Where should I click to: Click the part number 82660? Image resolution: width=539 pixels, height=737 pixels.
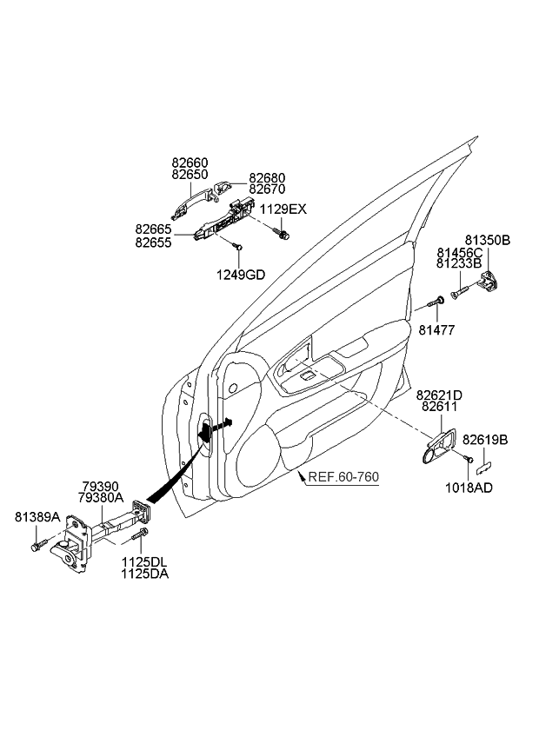coord(190,163)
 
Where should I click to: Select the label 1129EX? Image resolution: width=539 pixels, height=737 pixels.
coord(283,209)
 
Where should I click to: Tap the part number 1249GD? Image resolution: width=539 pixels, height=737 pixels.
coord(241,275)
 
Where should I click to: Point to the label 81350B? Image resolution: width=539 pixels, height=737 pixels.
coord(488,240)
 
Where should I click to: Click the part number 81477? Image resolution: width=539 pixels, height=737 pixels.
coord(437,330)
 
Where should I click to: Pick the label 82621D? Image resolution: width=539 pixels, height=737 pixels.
coord(439,395)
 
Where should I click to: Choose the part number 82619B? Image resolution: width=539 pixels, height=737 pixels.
coord(485,440)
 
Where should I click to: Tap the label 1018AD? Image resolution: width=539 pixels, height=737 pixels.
coord(469,488)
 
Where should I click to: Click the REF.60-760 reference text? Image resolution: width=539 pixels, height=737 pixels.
coord(343,477)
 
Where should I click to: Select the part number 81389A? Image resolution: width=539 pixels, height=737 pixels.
coord(37,517)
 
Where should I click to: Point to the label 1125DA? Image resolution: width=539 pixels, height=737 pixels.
coord(145,574)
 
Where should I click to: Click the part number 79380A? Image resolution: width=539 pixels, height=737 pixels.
coord(101,498)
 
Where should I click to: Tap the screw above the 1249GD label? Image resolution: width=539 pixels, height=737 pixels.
coord(237,245)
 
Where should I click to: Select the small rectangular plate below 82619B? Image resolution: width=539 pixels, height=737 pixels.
coord(484,466)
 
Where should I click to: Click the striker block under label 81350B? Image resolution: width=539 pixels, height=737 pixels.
coord(489,281)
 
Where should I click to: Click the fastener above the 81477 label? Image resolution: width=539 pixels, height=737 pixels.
coord(436,302)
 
